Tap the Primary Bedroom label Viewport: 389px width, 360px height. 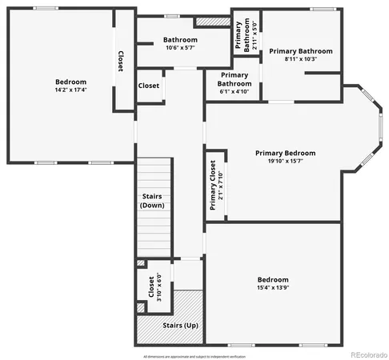(285, 153)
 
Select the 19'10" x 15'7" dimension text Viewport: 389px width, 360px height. (285, 161)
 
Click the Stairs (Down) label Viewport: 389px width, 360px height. (152, 201)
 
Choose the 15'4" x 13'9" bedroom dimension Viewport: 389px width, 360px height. (272, 287)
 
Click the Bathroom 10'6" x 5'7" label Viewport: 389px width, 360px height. (179, 43)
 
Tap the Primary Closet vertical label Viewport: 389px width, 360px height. (215, 185)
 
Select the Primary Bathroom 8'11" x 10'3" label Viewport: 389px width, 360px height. (300, 54)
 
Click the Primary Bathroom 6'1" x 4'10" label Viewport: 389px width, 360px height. (235, 82)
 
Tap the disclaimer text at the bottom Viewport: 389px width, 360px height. (194, 355)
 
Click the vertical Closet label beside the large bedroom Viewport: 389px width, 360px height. (120, 62)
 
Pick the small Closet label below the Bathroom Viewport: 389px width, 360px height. (149, 86)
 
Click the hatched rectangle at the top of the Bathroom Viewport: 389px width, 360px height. (212, 22)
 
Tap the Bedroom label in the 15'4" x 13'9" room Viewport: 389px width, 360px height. (272, 279)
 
